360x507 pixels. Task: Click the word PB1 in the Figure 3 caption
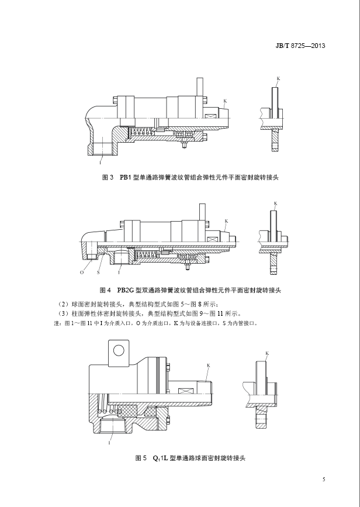(x=127, y=176)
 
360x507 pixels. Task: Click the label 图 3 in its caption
(x=107, y=176)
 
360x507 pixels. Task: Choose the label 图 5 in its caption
(x=140, y=458)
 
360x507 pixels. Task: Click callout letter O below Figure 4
(x=81, y=273)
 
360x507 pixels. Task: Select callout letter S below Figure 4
(x=98, y=273)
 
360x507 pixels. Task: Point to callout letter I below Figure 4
(x=119, y=273)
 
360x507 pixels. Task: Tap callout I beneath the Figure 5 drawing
(x=109, y=443)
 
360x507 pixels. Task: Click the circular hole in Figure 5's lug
(x=119, y=350)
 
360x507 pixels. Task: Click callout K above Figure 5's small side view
(x=267, y=354)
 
